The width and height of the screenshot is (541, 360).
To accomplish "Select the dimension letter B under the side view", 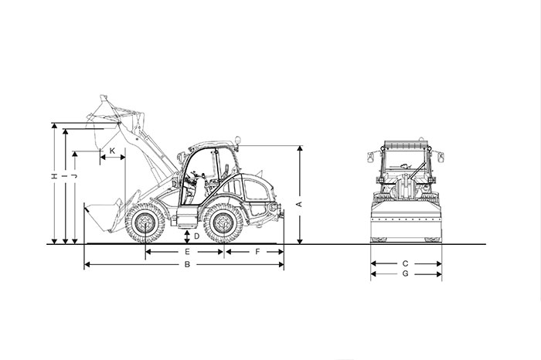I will tap(186, 265).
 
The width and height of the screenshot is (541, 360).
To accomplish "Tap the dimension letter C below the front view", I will tap(405, 263).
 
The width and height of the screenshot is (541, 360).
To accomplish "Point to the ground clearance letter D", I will tap(196, 236).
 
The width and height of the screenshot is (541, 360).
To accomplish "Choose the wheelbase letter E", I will tap(186, 252).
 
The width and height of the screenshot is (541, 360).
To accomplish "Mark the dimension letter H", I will tap(53, 176).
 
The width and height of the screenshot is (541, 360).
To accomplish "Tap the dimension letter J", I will tap(74, 176).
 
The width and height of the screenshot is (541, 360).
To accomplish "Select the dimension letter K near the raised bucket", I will tap(112, 150).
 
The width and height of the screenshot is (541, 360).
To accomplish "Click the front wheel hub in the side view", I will tap(145, 223).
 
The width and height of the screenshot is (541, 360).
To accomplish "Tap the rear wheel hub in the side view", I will tap(224, 223).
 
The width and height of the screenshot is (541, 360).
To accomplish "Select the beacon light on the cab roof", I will tap(238, 141).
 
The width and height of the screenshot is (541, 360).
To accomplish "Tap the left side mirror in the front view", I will tap(371, 157).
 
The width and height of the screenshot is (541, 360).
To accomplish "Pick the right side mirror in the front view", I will tap(441, 157).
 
